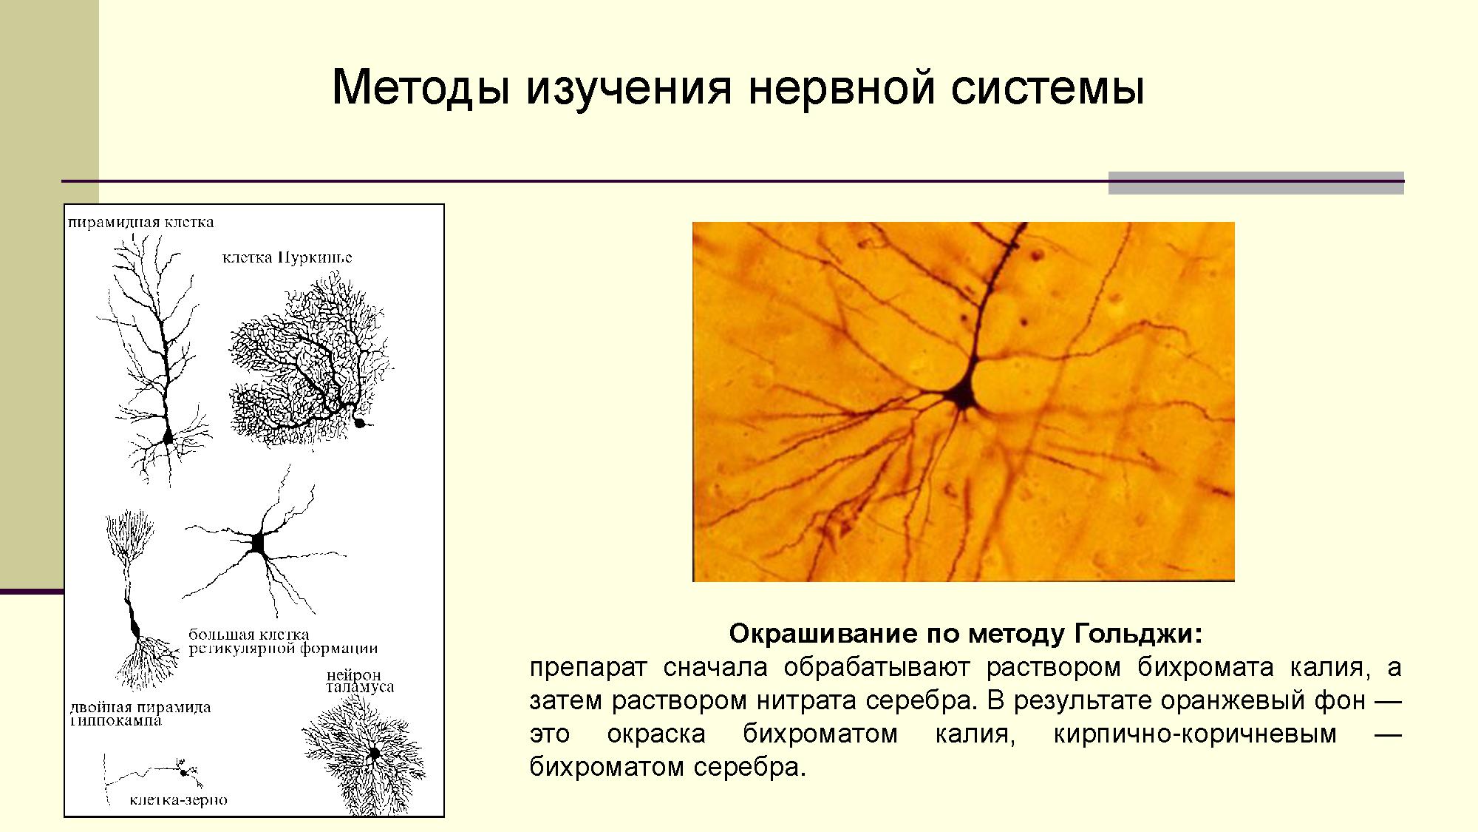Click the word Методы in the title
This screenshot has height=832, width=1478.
421,88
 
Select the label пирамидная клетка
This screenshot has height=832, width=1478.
141,222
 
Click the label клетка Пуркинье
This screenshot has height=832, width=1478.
287,257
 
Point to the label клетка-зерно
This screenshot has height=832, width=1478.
178,799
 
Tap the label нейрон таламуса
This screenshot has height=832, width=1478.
360,680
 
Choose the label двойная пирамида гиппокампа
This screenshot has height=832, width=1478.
140,713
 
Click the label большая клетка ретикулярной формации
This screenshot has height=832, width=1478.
283,642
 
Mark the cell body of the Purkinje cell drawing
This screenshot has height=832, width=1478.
360,423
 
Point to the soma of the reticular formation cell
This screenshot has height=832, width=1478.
258,543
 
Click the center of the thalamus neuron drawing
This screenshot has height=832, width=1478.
374,754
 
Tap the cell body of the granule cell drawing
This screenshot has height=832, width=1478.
183,771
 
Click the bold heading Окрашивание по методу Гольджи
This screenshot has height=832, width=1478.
966,634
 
